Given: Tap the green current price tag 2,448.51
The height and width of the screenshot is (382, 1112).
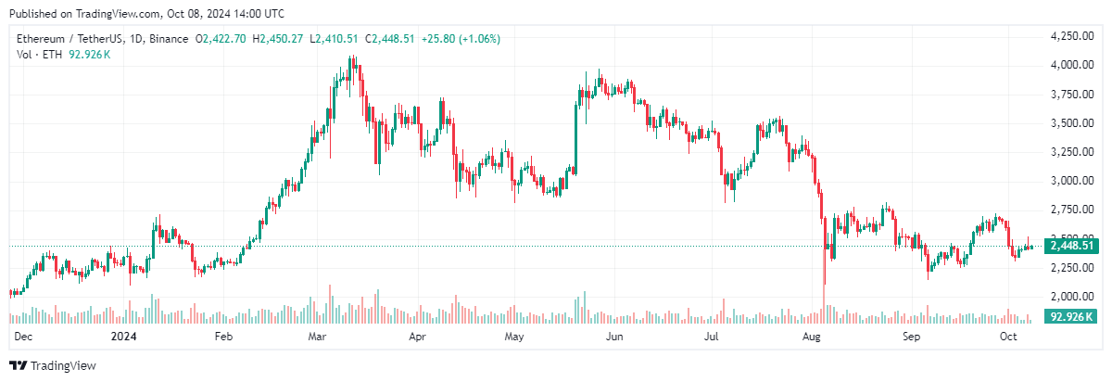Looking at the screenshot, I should point(1072,247).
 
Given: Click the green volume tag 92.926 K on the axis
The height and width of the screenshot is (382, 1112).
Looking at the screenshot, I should point(1072,317).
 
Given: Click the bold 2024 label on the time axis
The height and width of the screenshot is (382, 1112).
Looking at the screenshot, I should point(122,337).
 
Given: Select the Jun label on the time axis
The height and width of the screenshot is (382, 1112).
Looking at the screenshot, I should point(613,337).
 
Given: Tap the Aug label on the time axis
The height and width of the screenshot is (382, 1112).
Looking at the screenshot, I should point(813,337).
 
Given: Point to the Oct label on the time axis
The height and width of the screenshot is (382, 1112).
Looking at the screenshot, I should point(1009,337).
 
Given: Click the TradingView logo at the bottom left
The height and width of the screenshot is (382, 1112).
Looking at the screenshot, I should point(53,365).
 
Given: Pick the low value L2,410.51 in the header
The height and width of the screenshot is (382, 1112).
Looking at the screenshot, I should point(335,39).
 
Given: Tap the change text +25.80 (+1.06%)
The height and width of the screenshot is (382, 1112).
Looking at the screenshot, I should point(461,39).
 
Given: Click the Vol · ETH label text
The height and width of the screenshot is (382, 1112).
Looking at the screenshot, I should point(36,55).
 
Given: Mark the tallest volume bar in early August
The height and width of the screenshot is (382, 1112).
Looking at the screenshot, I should point(824,304).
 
